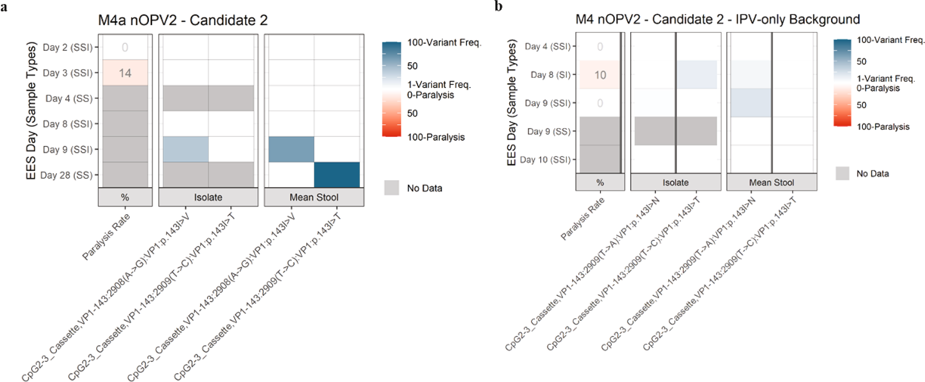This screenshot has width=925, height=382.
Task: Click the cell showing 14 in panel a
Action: pyautogui.click(x=125, y=73)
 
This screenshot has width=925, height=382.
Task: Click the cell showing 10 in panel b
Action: pyautogui.click(x=600, y=75)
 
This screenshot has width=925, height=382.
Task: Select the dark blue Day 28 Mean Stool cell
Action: pyautogui.click(x=337, y=175)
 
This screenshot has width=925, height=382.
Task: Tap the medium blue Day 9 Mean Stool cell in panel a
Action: pyautogui.click(x=291, y=149)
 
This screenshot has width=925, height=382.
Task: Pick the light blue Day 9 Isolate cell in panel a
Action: pyautogui.click(x=185, y=149)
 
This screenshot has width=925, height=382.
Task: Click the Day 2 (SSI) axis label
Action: pyautogui.click(x=67, y=47)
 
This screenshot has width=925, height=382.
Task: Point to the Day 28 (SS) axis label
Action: pyautogui.click(x=66, y=175)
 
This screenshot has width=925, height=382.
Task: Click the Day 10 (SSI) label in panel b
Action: pyautogui.click(x=545, y=159)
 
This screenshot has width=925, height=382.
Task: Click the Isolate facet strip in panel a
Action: pyautogui.click(x=208, y=197)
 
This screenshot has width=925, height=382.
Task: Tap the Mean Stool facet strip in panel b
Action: pyautogui.click(x=771, y=183)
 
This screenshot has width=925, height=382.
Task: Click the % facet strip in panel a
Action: pyautogui.click(x=125, y=197)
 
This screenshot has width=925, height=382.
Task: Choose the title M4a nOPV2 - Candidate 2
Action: pyautogui.click(x=182, y=20)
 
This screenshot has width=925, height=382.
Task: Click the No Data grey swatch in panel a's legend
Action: pyautogui.click(x=391, y=188)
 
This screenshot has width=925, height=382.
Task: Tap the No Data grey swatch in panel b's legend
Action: pyautogui.click(x=842, y=173)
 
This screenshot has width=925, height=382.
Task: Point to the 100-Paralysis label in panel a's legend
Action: pyautogui.click(x=435, y=137)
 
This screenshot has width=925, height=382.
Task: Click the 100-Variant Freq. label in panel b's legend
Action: pyautogui.click(x=890, y=40)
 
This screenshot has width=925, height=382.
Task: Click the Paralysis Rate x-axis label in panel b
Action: pyautogui.click(x=582, y=219)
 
